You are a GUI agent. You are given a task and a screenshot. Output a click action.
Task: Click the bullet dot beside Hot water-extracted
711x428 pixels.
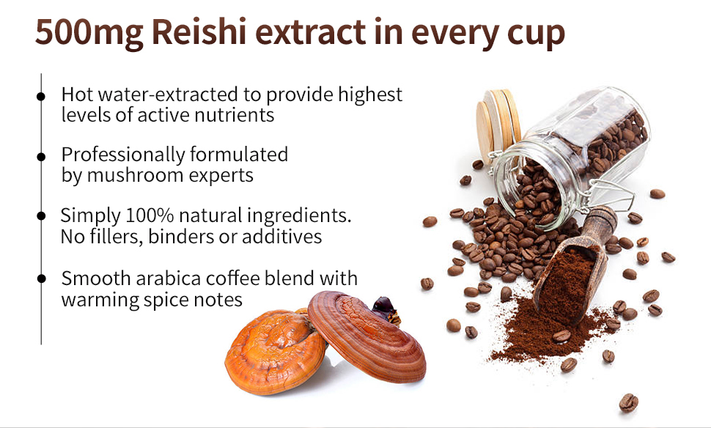click(x=41, y=96)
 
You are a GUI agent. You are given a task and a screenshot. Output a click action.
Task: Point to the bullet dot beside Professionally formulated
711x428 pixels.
click(x=41, y=157)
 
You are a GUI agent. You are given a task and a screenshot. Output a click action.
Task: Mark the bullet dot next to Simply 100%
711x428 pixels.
click(x=41, y=215)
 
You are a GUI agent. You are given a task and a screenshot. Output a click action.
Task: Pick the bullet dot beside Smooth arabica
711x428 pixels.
click(x=41, y=278)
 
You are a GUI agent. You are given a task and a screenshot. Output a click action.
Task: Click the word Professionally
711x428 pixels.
click(x=123, y=155)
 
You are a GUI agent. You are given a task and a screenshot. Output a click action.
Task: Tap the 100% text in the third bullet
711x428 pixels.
click(x=150, y=215)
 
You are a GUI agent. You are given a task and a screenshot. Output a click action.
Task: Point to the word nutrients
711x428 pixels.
click(x=234, y=115)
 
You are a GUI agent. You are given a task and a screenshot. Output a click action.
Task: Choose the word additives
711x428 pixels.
click(x=281, y=236)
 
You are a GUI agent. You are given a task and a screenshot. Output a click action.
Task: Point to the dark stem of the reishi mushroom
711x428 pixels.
click(x=386, y=309)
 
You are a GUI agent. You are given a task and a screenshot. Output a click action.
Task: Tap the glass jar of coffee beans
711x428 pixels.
click(x=571, y=154)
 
